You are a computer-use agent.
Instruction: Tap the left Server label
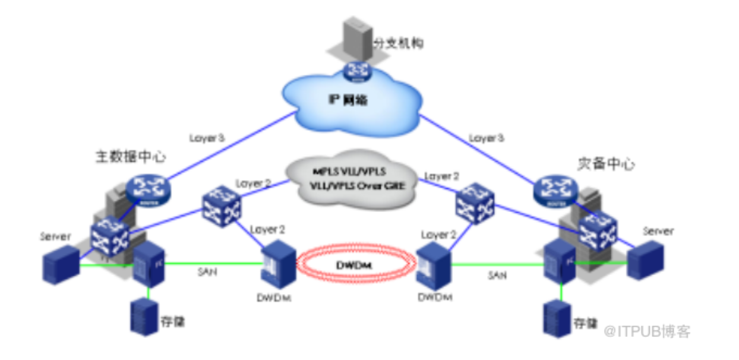(x=55, y=236)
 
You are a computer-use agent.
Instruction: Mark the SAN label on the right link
(x=497, y=275)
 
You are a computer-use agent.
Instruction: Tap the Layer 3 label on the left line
(x=207, y=138)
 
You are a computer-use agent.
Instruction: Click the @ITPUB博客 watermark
(x=648, y=331)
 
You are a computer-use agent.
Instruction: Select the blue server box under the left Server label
(x=60, y=264)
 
